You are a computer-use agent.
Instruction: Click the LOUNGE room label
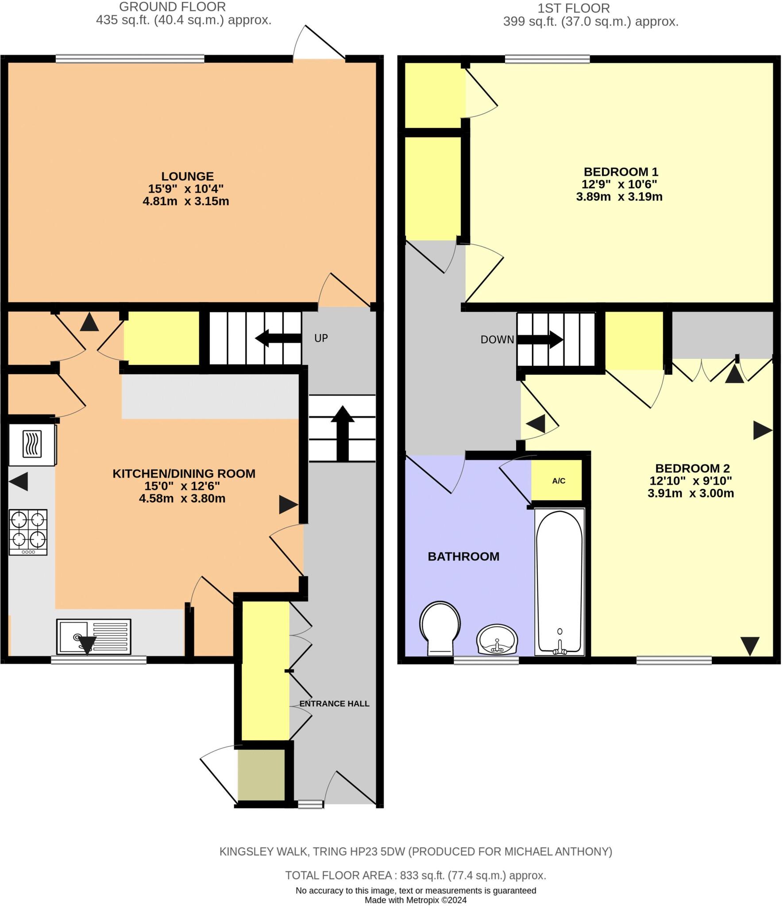click(187, 177)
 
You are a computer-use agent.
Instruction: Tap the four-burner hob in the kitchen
click(28, 532)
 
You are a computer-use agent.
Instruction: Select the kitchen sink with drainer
click(94, 637)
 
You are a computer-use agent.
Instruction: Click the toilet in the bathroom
click(440, 627)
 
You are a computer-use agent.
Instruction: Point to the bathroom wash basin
click(497, 640)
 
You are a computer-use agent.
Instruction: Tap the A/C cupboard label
click(559, 481)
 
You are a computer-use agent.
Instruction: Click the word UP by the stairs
click(321, 338)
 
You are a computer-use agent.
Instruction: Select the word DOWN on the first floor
click(497, 340)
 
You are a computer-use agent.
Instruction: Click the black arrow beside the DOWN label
click(540, 340)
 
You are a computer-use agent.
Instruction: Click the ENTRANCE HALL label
click(334, 704)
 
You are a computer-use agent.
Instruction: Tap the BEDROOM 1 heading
click(621, 172)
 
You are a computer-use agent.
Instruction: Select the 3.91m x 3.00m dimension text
click(690, 493)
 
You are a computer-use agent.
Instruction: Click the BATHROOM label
click(463, 557)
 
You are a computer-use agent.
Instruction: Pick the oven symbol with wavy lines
click(32, 444)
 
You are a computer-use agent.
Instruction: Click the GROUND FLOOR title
click(172, 7)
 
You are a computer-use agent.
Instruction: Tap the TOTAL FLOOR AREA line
click(415, 875)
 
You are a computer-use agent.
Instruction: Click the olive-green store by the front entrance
click(261, 775)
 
